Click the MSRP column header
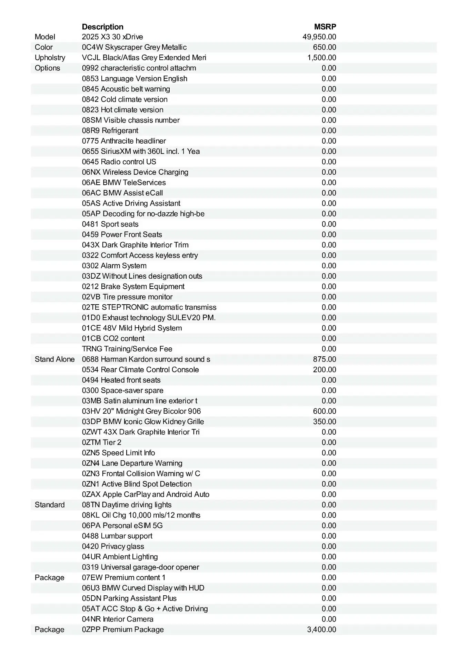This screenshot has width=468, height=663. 325,27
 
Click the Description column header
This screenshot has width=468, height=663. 102,27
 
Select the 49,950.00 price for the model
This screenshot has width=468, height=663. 319,37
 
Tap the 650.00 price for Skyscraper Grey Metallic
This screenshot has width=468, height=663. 324,47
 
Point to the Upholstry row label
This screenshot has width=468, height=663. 50,58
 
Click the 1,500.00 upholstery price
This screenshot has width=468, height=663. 321,58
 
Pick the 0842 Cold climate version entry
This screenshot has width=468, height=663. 125,99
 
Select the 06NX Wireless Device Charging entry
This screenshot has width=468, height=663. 135,172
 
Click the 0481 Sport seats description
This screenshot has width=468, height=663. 110,224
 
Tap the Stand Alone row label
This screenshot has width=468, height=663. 54,359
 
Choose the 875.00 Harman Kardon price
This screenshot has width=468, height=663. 324,359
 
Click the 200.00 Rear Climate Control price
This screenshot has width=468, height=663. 324,369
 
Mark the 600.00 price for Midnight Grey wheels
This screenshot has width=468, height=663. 324,411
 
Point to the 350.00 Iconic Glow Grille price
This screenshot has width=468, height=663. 324,422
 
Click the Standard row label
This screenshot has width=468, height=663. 50,505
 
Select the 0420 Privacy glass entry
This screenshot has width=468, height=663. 113,546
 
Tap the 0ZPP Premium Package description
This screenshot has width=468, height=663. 123,630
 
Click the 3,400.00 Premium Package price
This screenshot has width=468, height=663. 321,630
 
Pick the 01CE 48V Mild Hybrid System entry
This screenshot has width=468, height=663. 132,328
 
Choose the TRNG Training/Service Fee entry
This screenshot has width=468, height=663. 127,349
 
